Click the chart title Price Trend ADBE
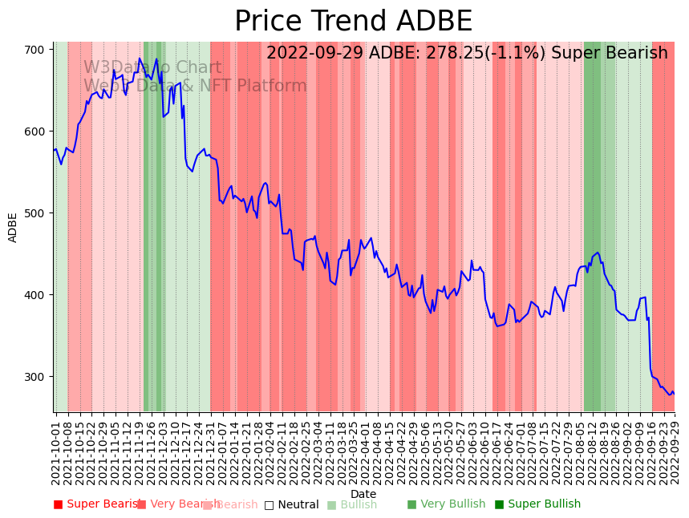353,22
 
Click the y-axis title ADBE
13,227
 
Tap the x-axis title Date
363,494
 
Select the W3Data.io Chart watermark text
152,67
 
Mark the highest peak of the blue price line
140,58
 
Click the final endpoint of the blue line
674,394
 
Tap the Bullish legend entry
351,504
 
